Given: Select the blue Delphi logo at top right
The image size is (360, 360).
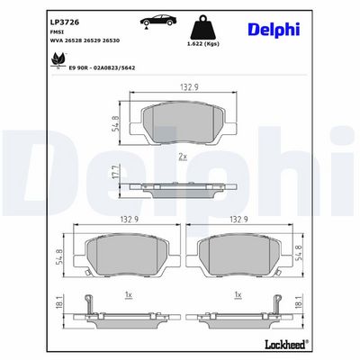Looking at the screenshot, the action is pos(274,30).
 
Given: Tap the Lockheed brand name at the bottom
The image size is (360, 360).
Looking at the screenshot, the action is pos(286,344).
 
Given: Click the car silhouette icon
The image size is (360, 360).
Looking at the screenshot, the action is pos(158,21).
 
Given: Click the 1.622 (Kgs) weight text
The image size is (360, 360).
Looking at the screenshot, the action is pos(203,44).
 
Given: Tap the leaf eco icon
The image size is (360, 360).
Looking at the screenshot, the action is pos(58,60).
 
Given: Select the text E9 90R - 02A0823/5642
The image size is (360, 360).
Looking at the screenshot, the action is pos(102,68).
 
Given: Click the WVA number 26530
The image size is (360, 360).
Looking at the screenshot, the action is pos(111,40).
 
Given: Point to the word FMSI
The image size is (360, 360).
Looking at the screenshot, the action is pos(54,31).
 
